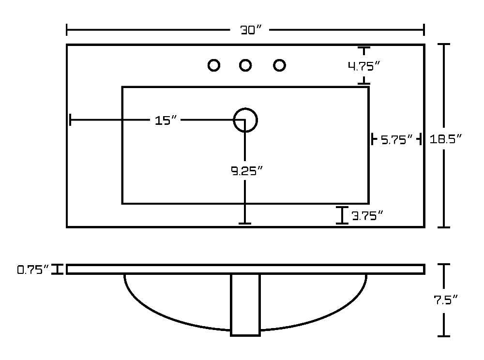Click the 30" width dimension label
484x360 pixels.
pos(251,30)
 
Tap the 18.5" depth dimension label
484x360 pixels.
pos(445,139)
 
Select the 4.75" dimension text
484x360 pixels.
pos(363,66)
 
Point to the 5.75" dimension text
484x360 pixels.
pos(396,140)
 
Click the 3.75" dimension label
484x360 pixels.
pos(367,216)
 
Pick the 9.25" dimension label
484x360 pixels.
pos(247,171)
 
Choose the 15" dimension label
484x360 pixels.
pos(166,120)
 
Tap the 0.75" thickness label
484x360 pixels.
pos(33,270)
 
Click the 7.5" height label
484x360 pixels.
pos(445,300)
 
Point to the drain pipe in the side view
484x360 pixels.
pos(245,305)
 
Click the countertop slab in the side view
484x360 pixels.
pos(246,269)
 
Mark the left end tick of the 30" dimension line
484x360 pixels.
pos(67,30)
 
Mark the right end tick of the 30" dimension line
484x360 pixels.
pos(424,30)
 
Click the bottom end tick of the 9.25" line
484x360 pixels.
pos(245,224)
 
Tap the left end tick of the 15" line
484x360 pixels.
pos(71,120)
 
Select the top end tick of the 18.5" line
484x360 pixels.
pos(443,45)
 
